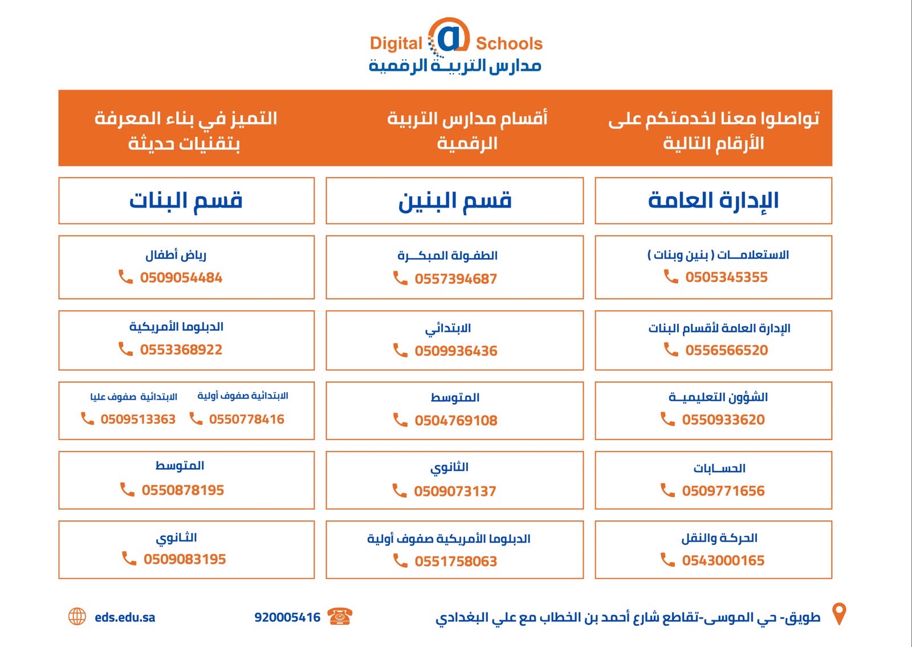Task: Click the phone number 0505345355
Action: tap(726, 277)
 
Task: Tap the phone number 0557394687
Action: tap(455, 279)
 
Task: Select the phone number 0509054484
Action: tap(181, 278)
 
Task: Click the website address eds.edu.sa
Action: tap(125, 617)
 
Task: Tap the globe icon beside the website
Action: tap(77, 616)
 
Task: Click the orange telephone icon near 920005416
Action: tap(340, 616)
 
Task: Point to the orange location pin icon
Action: tap(839, 613)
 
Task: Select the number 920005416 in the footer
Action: tap(287, 617)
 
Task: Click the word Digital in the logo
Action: tap(396, 43)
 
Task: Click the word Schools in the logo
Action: tap(510, 43)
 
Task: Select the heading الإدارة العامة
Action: tap(713, 201)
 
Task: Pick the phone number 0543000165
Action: tap(723, 561)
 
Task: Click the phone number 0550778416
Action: tap(247, 420)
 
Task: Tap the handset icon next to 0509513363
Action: tap(88, 418)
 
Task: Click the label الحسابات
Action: tap(719, 469)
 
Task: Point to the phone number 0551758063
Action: tap(455, 561)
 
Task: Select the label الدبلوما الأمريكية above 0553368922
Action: tap(176, 327)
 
